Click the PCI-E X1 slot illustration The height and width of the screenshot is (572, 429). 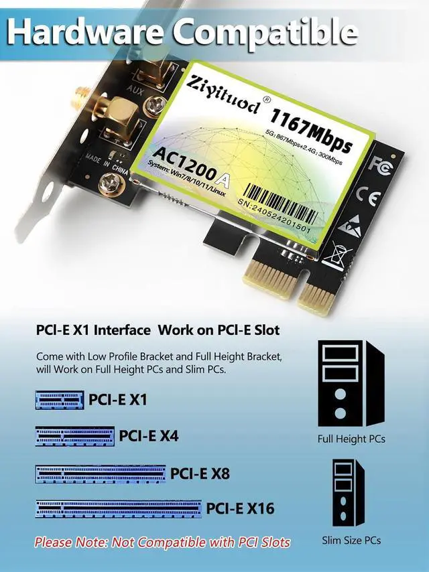(59, 400)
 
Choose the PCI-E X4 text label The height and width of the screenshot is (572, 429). (149, 436)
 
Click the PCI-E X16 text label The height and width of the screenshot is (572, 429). (240, 508)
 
